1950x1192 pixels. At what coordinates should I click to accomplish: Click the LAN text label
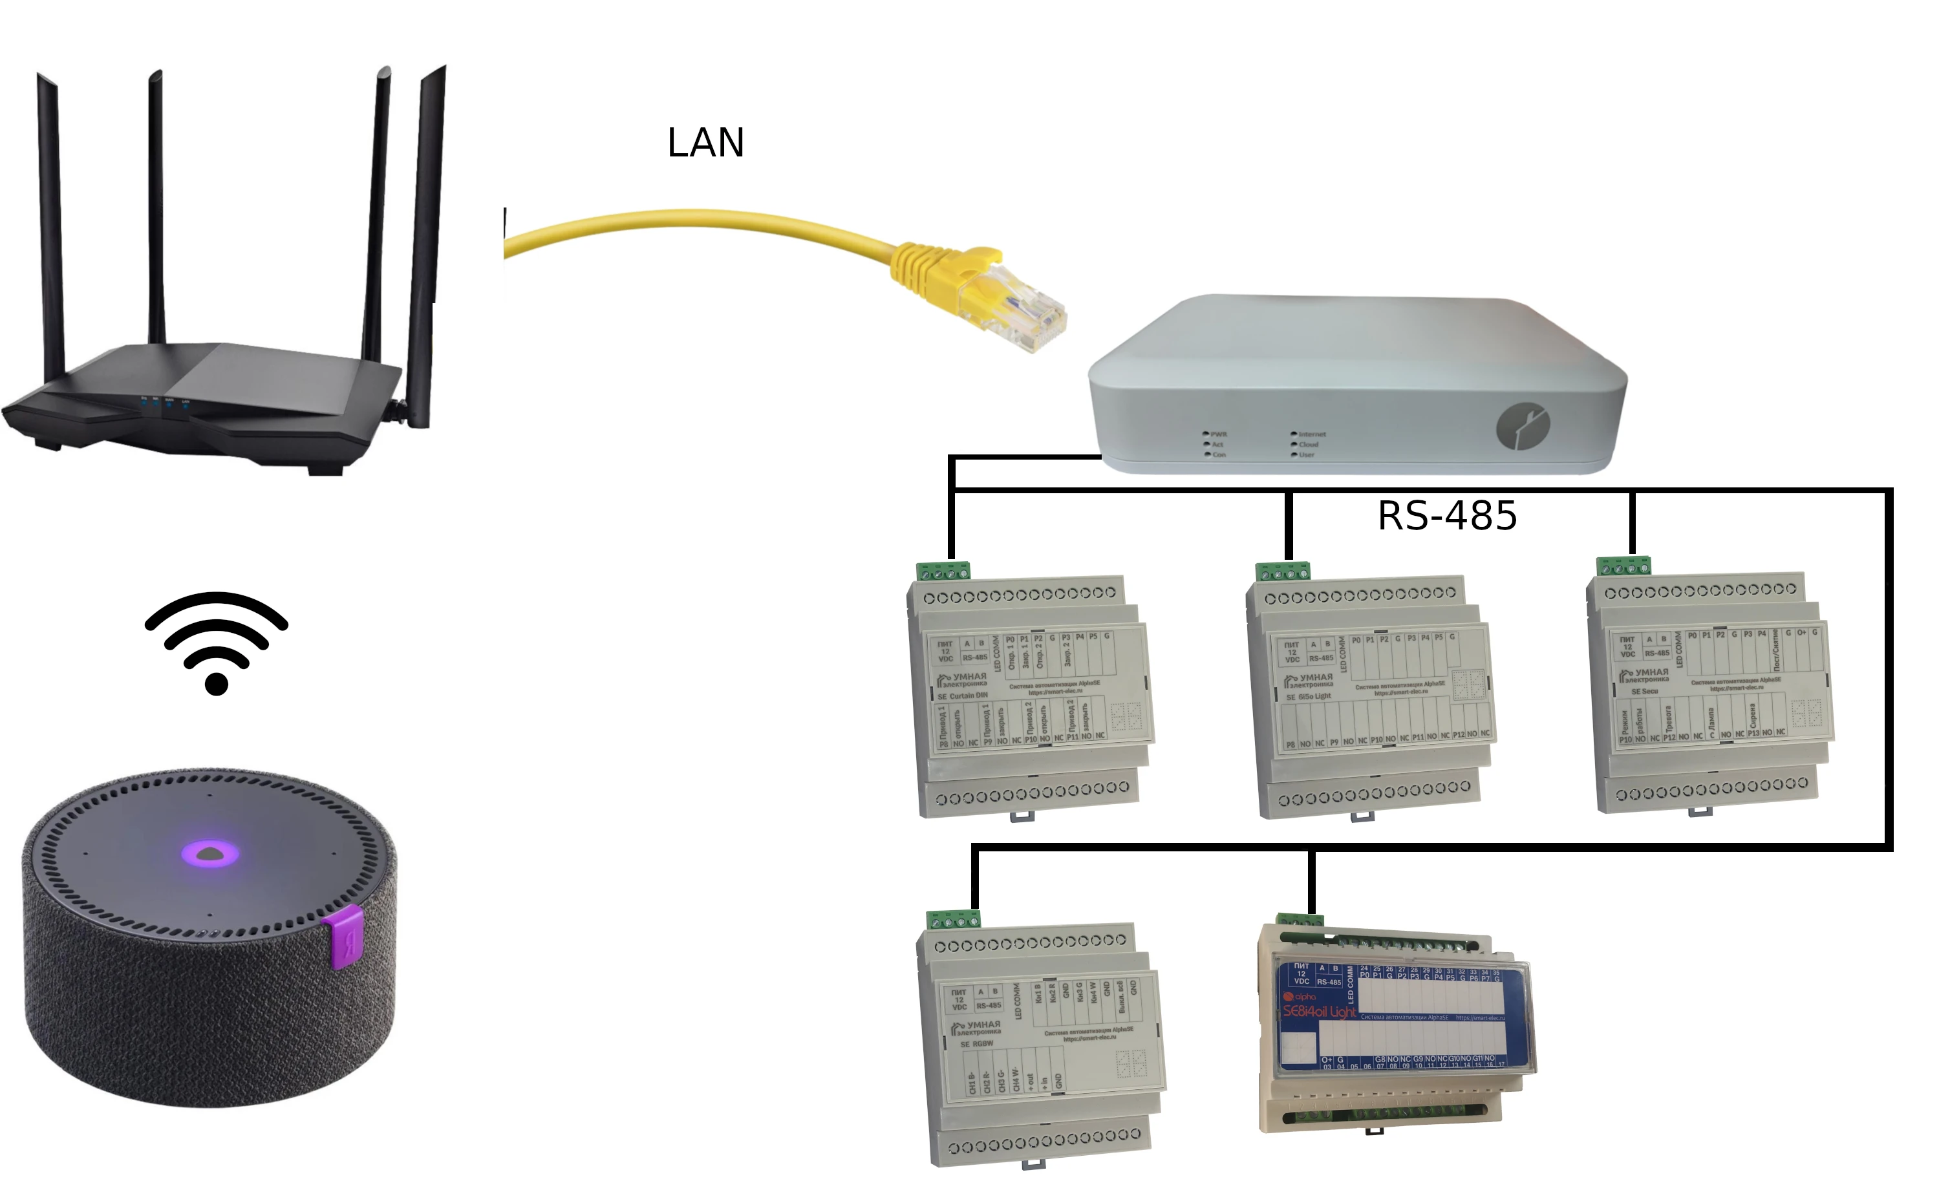(x=705, y=143)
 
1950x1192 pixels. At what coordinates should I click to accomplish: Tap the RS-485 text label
(x=1447, y=516)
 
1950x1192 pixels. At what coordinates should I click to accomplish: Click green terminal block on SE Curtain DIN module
(x=943, y=571)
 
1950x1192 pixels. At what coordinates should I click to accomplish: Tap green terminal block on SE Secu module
(x=1623, y=566)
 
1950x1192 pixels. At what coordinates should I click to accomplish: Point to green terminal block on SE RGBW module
(x=954, y=919)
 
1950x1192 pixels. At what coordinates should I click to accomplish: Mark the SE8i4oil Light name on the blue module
(x=1319, y=1012)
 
